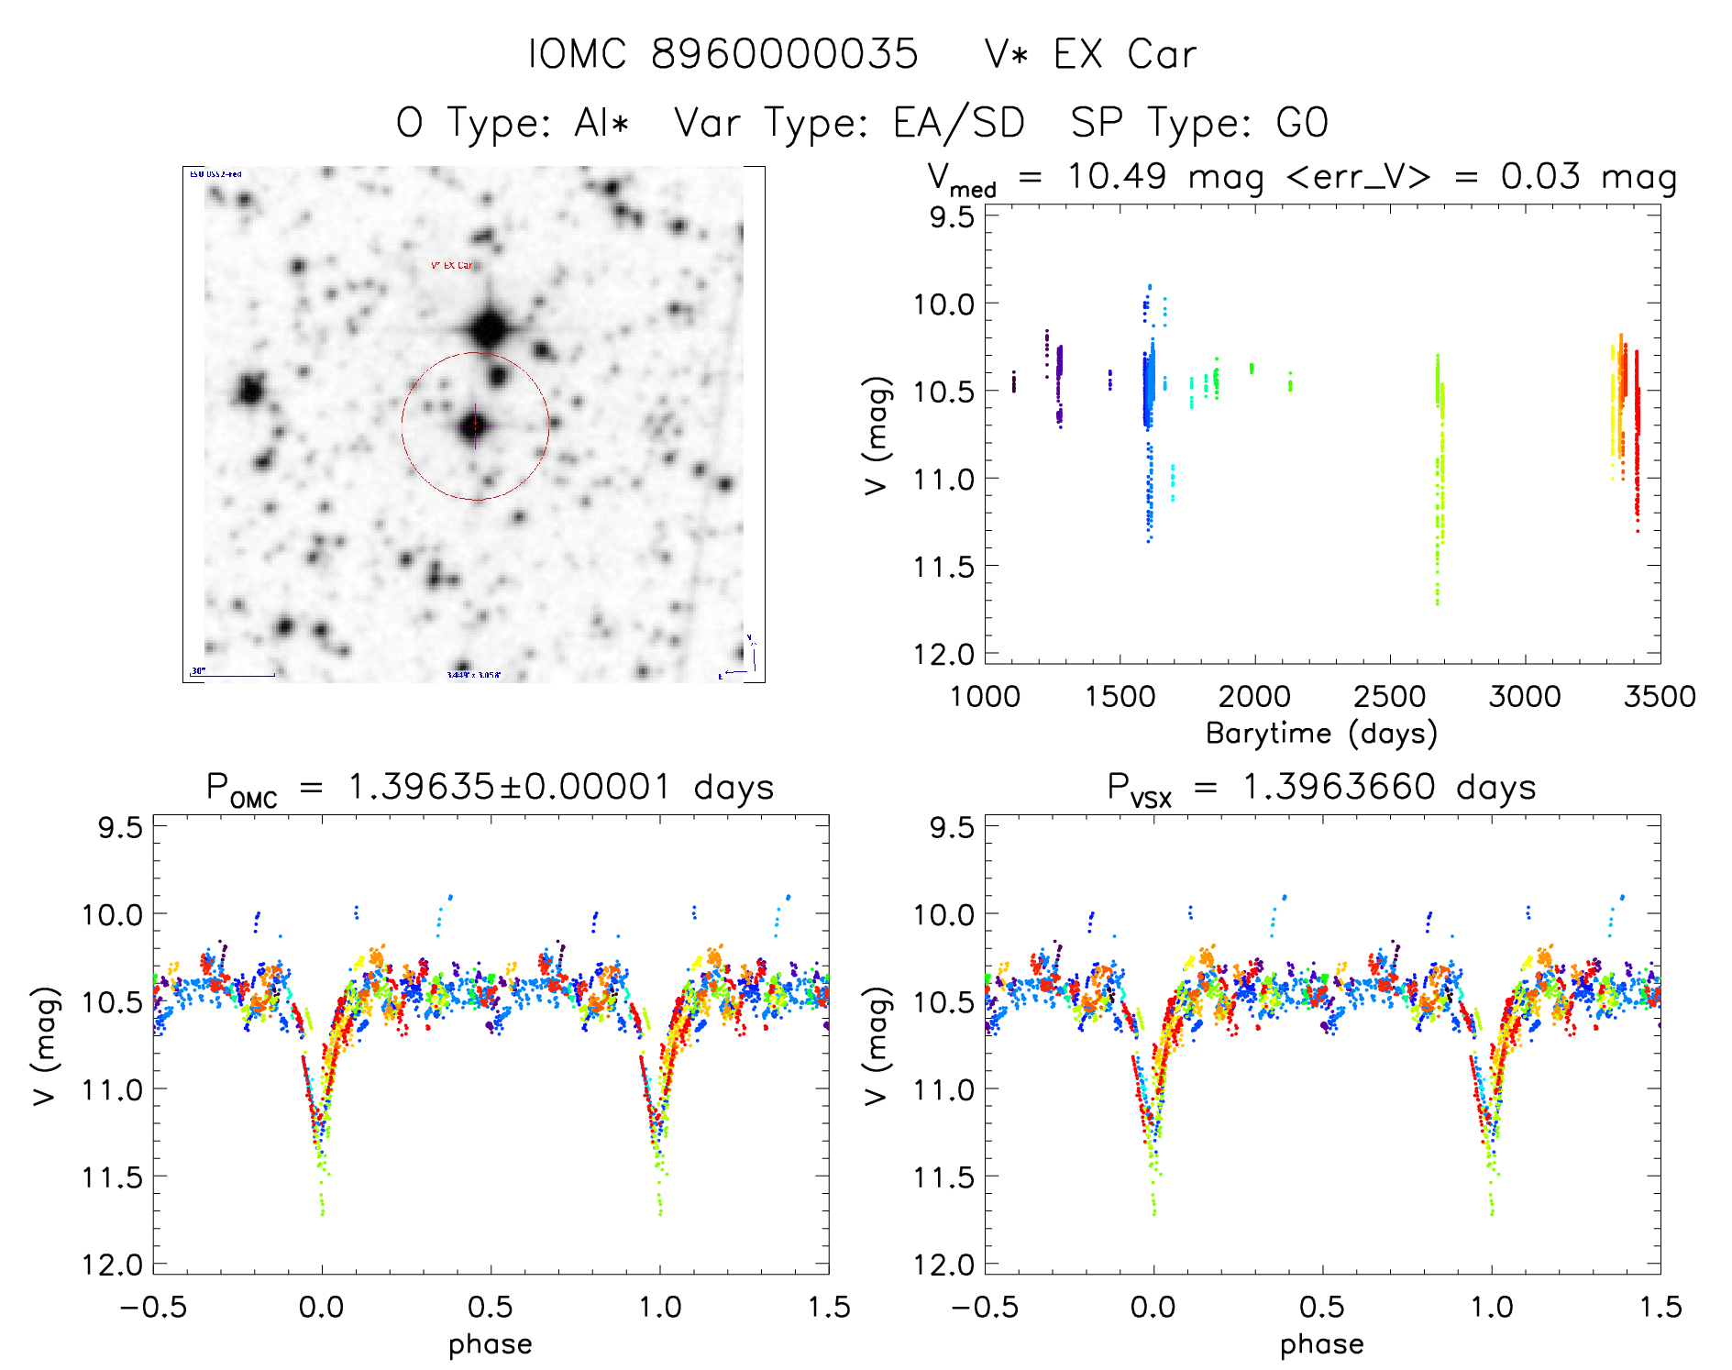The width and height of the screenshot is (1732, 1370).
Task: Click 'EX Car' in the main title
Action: click(x=1125, y=54)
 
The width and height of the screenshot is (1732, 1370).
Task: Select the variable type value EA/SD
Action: click(x=958, y=122)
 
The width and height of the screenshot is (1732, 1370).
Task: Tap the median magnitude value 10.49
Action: click(x=1116, y=176)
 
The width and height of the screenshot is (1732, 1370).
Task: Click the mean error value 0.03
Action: click(x=1540, y=176)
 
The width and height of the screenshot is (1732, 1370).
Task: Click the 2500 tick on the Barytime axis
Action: click(x=1389, y=696)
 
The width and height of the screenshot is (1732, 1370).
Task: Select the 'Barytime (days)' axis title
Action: click(x=1321, y=733)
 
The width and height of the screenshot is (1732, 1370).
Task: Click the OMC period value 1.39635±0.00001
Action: click(x=509, y=787)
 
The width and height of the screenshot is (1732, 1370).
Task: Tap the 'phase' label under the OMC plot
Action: click(x=491, y=1344)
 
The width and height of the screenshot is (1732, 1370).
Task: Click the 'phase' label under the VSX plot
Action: click(x=1321, y=1344)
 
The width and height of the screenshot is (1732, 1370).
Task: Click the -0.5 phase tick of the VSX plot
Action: click(x=984, y=1307)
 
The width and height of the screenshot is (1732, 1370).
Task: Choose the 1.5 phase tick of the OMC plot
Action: click(x=829, y=1307)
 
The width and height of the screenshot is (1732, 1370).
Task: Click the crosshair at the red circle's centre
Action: click(x=475, y=425)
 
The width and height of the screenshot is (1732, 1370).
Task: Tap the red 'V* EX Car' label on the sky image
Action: click(x=452, y=266)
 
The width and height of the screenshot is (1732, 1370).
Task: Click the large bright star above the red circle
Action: click(x=489, y=327)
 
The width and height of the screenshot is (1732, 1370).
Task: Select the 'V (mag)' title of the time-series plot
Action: click(x=877, y=436)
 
